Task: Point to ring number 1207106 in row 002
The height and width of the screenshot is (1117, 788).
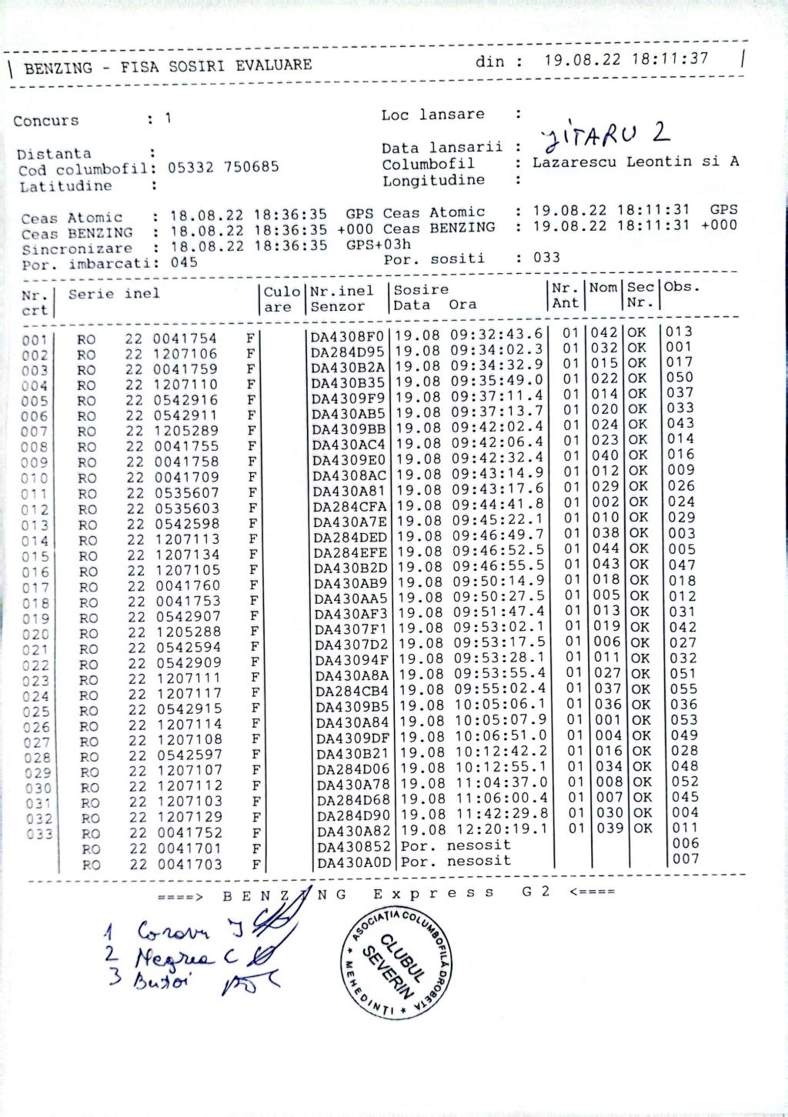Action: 185,354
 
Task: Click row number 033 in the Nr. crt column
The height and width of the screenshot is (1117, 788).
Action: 38,835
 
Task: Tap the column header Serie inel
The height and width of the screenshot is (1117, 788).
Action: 114,294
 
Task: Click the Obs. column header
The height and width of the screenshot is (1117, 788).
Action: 683,287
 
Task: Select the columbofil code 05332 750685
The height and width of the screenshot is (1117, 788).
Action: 223,168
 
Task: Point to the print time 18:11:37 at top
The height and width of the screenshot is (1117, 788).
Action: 669,59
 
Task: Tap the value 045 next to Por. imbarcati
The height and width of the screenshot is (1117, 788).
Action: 184,262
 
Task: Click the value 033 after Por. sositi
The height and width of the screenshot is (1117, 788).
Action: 547,258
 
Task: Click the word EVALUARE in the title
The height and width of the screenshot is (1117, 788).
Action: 274,65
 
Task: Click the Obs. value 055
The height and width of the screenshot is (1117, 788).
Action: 683,689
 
